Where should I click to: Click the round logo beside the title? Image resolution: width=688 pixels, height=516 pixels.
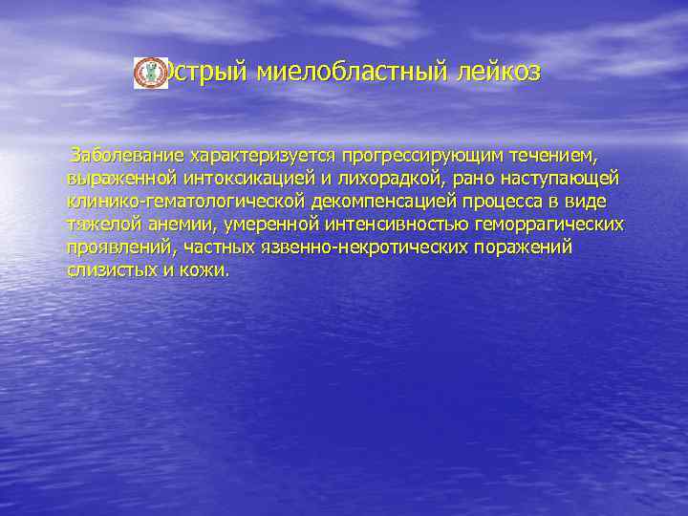[x=149, y=73]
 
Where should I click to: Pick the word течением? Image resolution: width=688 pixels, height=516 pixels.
[x=559, y=155]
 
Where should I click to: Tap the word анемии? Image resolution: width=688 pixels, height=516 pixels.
[x=189, y=225]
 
